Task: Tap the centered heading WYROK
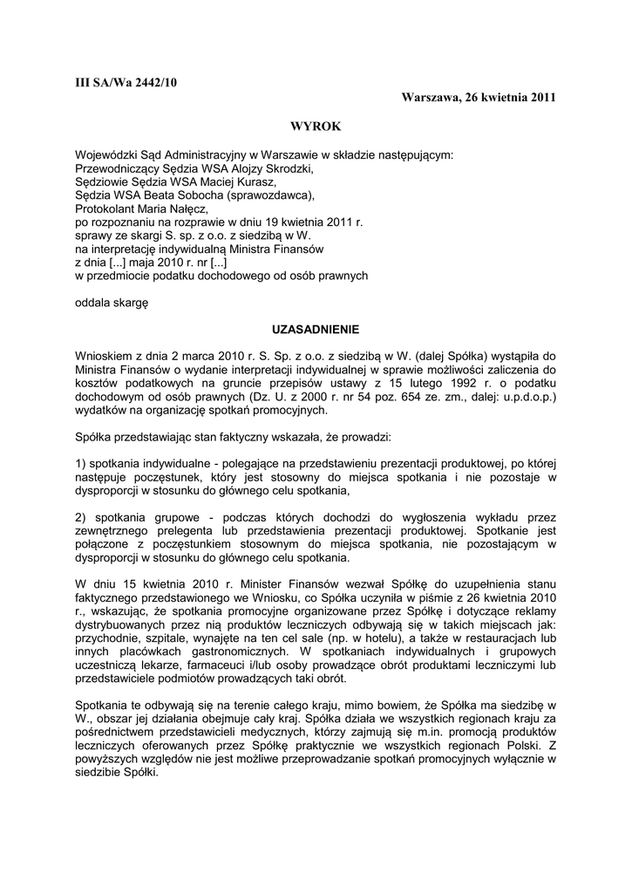pyautogui.click(x=316, y=126)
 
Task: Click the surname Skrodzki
pyautogui.click(x=286, y=169)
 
